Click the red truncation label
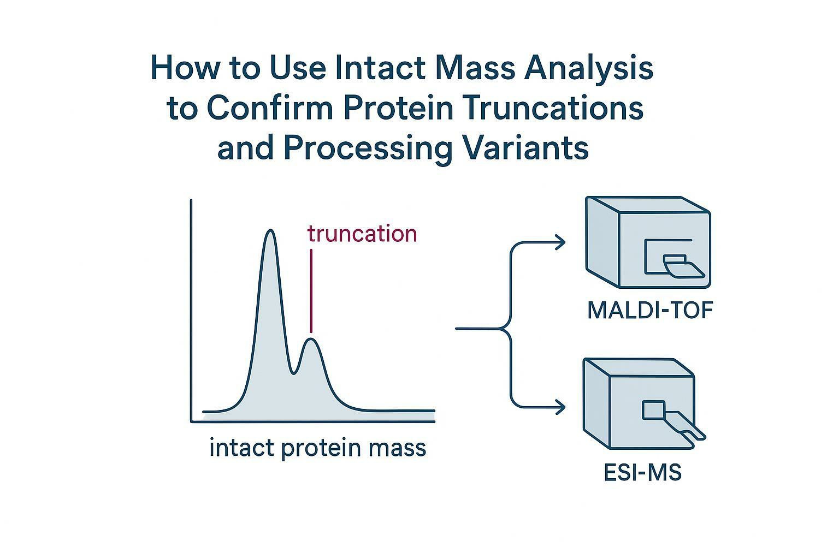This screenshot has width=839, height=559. coord(362,234)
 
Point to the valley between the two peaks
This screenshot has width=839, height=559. coord(294,373)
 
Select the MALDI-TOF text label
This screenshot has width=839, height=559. coord(650,311)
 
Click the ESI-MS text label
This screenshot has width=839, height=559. coord(643,472)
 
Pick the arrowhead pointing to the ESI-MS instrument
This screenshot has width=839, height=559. coord(560,407)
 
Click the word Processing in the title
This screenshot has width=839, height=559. coord(368,147)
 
